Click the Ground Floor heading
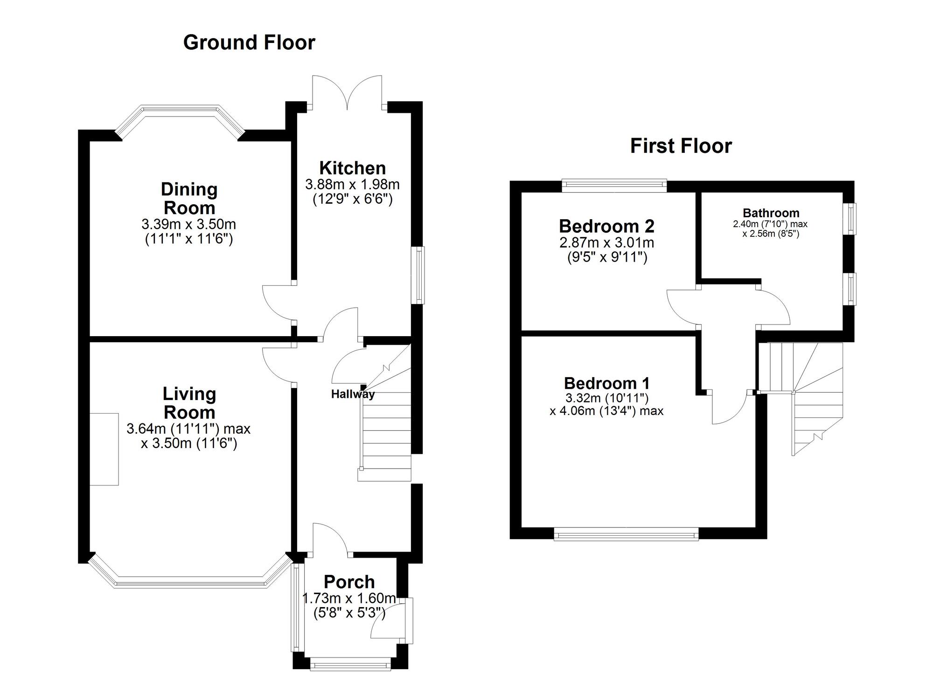click(x=249, y=42)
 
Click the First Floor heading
click(x=681, y=146)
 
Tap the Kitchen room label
click(x=352, y=168)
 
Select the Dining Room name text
click(x=189, y=199)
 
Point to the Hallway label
click(x=353, y=394)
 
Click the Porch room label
click(x=349, y=582)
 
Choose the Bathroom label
click(x=771, y=213)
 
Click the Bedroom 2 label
click(x=606, y=226)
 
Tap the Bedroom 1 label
click(x=606, y=383)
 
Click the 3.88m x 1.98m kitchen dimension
click(x=352, y=184)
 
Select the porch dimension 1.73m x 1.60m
click(x=349, y=598)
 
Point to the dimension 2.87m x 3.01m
click(x=606, y=242)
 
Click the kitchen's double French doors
click(x=348, y=93)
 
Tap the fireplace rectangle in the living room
click(x=104, y=449)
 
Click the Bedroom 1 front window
click(x=626, y=534)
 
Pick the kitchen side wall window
click(x=420, y=275)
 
